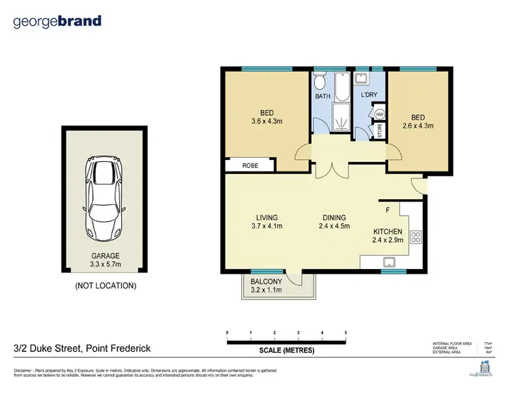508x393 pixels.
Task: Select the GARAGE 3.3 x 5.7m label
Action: (105, 261)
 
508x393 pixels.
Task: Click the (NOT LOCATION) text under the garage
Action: (105, 285)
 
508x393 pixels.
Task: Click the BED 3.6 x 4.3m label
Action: (267, 117)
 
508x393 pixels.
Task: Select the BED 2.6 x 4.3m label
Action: (418, 121)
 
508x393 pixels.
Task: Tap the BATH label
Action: (323, 97)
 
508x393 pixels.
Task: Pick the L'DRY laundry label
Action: (369, 95)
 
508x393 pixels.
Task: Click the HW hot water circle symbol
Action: (379, 115)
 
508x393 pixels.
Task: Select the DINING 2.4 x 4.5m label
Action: (335, 222)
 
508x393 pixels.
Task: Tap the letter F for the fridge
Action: (387, 209)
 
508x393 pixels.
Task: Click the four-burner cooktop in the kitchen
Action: (415, 239)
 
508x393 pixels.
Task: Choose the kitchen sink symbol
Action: (390, 262)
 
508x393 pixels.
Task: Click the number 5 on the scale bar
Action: (346, 333)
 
